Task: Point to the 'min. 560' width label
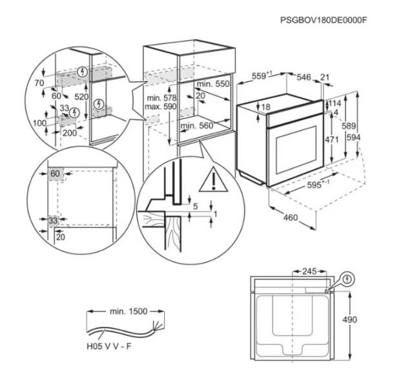pyautogui.click(x=198, y=126)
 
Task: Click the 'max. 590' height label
pyautogui.click(x=161, y=105)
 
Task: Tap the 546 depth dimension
pyautogui.click(x=304, y=78)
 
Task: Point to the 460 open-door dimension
pyautogui.click(x=291, y=218)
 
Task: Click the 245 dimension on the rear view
pyautogui.click(x=311, y=271)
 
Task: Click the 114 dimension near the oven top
pyautogui.click(x=335, y=103)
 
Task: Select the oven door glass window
pyautogui.click(x=296, y=151)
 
